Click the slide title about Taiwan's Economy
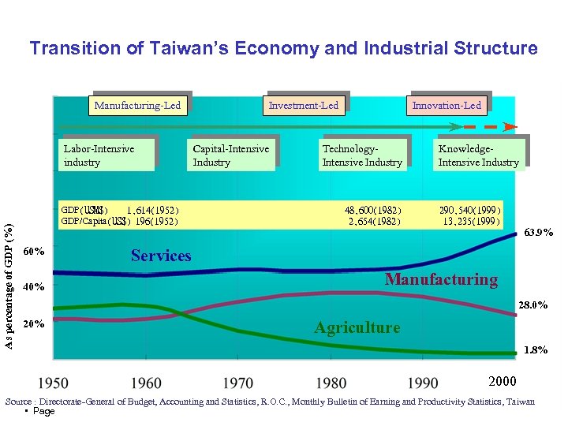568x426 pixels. coord(283,49)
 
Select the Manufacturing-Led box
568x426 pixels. coord(137,105)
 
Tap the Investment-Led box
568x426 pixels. coord(303,105)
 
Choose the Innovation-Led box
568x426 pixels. coord(447,105)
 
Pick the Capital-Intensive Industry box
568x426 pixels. coord(231,155)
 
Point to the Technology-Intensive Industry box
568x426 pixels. coord(362,155)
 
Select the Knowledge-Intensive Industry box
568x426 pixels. coord(478,155)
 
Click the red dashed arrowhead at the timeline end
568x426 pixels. coord(511,126)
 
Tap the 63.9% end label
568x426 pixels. coord(539,233)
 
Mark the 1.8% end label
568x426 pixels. coord(537,349)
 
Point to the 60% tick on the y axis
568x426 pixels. coord(34,252)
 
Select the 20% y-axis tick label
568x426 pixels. coord(34,323)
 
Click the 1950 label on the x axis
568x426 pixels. coord(53,383)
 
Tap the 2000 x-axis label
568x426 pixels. coord(503,382)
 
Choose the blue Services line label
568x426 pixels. coord(161,256)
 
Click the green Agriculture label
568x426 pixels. coord(357,327)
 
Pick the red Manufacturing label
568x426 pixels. coord(441,279)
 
